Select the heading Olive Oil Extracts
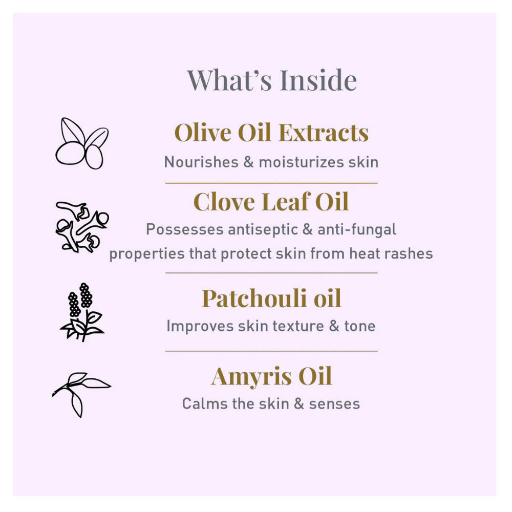pos(271,133)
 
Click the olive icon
pos(82,143)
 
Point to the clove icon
pos(82,226)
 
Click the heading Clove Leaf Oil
pos(271,202)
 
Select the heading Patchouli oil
pos(271,298)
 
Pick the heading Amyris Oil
pos(271,377)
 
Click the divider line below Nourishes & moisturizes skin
pos(271,182)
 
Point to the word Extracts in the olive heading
pos(325,133)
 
